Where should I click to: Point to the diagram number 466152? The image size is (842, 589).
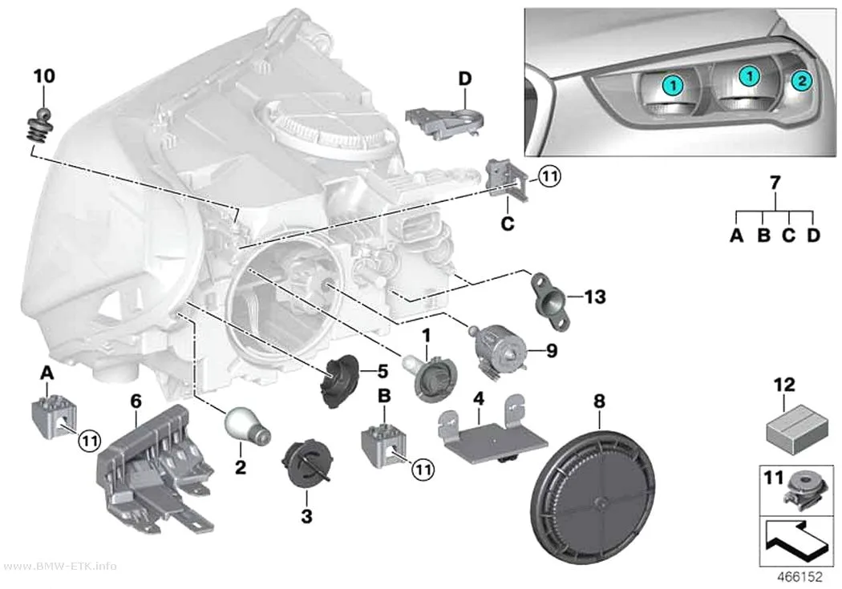coord(800,577)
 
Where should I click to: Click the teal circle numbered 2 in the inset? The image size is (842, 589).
coord(800,81)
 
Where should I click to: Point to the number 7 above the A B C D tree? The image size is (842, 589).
coord(775,183)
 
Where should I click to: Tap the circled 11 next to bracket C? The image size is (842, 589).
coord(549,176)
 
